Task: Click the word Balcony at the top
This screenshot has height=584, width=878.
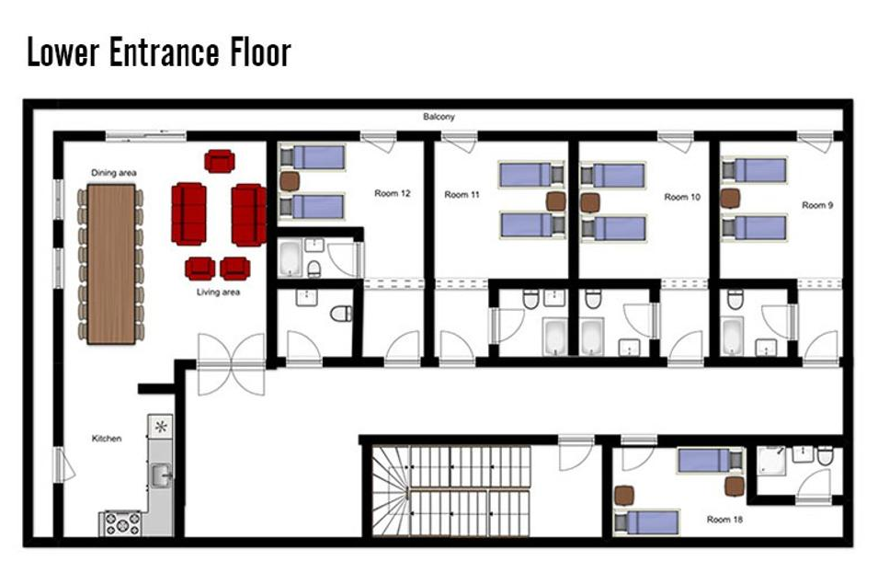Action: [439, 117]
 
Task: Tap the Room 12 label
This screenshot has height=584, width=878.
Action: [392, 193]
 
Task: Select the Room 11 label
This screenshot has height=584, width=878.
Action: [462, 194]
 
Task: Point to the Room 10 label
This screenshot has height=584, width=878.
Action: [682, 197]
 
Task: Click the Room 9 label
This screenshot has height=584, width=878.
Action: [817, 205]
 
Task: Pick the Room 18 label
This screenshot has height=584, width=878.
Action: [724, 519]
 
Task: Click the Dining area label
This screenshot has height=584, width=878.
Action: [114, 173]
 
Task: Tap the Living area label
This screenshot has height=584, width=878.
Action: [218, 292]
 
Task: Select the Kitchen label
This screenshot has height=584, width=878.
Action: [107, 439]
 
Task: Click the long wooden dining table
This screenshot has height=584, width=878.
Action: [111, 264]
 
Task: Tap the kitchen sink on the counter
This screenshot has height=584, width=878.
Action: [160, 475]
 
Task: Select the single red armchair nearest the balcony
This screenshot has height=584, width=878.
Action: [220, 161]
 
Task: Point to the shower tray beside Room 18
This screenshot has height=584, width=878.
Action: [771, 461]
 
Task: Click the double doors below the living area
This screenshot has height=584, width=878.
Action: [232, 364]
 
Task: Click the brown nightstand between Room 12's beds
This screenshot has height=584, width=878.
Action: [290, 181]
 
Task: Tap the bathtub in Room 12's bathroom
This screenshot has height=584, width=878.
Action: [291, 258]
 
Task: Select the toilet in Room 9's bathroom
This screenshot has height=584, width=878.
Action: [735, 299]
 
